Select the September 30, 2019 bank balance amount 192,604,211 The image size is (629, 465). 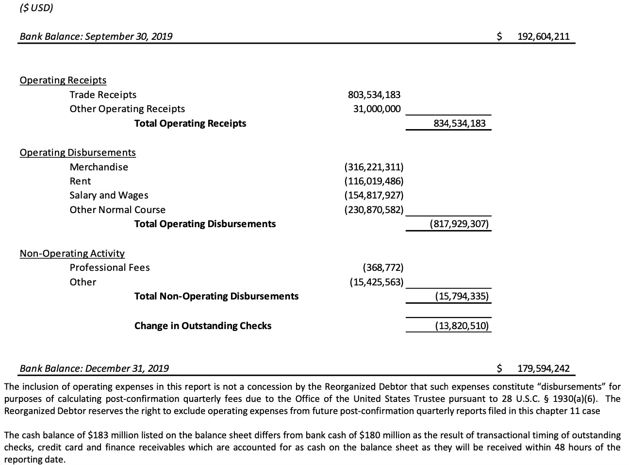click(543, 36)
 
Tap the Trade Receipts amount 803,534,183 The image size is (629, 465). click(374, 95)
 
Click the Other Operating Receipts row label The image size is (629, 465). click(127, 109)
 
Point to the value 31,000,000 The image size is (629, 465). click(377, 109)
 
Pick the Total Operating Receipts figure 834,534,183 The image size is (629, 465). click(459, 123)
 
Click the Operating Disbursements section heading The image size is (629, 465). click(78, 152)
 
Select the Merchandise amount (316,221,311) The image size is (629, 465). click(374, 167)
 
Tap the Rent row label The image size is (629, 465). click(80, 181)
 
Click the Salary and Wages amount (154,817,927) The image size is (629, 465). click(374, 195)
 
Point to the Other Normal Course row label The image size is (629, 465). click(117, 210)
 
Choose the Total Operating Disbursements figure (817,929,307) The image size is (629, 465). click(459, 224)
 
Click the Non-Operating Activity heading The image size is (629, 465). click(72, 253)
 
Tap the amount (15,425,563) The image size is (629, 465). click(377, 282)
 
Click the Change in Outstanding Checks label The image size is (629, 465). click(203, 326)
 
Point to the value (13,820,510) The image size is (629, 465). click(462, 326)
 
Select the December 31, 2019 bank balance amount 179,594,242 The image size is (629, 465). click(543, 368)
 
